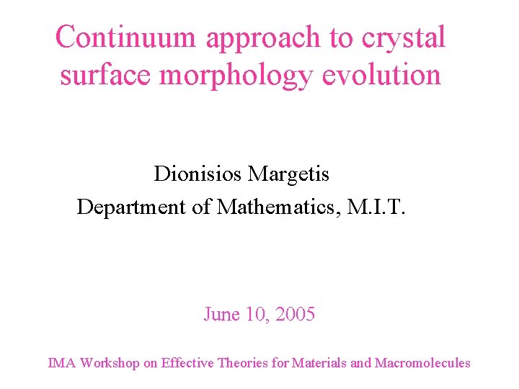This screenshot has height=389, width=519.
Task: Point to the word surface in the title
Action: [105, 75]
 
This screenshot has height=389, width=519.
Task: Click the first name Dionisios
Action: [198, 174]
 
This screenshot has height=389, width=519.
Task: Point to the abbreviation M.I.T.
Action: [377, 207]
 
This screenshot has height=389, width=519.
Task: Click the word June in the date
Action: [219, 315]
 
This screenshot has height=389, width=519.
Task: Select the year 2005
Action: [295, 315]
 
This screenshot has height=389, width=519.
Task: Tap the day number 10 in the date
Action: [256, 315]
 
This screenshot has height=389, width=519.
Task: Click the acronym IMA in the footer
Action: [61, 363]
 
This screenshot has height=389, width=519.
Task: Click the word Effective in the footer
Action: [187, 363]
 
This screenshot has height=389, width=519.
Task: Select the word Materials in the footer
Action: [319, 363]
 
